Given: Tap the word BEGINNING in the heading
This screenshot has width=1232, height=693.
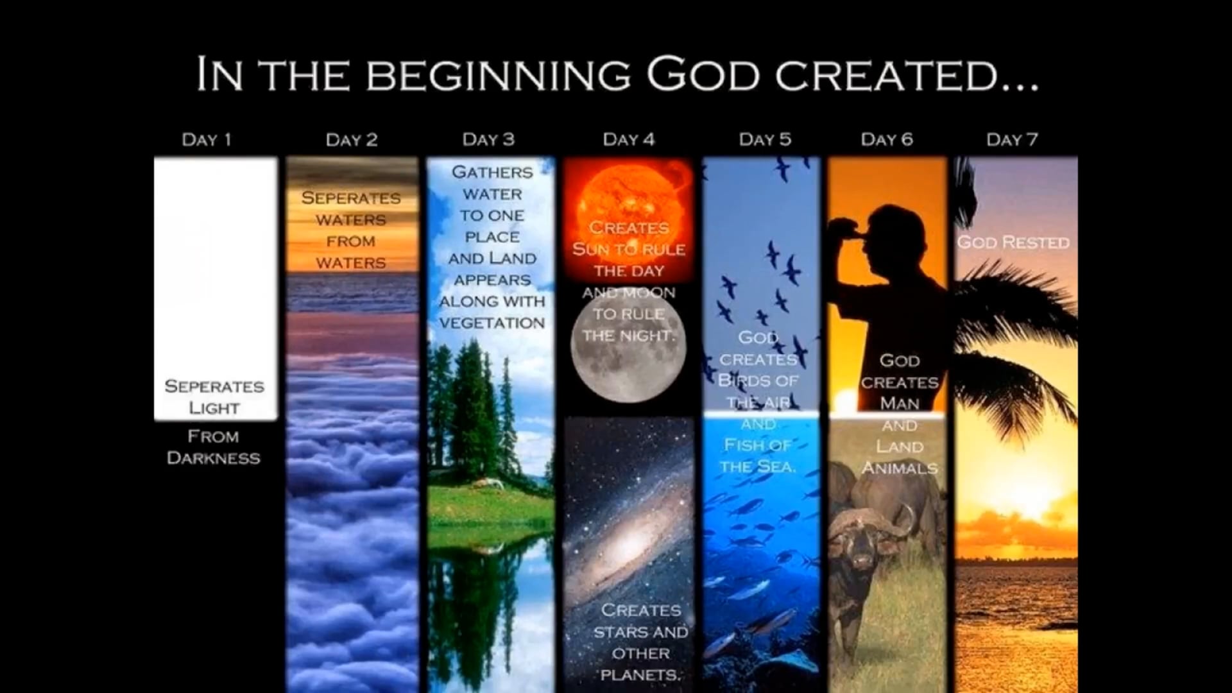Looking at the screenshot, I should [499, 75].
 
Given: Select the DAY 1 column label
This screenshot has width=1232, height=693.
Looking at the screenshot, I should [207, 139].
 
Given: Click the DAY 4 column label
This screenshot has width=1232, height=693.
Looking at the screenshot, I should [629, 139].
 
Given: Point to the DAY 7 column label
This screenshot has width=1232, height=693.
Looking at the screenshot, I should [1012, 139].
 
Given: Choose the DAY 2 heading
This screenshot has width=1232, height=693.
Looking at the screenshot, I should [352, 139].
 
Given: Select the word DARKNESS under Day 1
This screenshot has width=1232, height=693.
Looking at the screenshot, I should [214, 458].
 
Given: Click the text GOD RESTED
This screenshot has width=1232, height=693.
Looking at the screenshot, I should [1013, 243].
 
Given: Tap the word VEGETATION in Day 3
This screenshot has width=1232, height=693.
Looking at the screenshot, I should [492, 323].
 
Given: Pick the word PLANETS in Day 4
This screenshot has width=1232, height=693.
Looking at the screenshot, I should [640, 675].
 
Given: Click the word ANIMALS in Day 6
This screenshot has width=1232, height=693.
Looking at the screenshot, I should [900, 468].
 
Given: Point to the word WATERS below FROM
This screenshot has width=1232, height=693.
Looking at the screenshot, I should [351, 263].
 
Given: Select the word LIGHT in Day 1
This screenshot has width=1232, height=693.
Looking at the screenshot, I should [214, 408].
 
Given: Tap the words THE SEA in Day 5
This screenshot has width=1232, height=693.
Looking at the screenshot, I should [758, 466].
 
